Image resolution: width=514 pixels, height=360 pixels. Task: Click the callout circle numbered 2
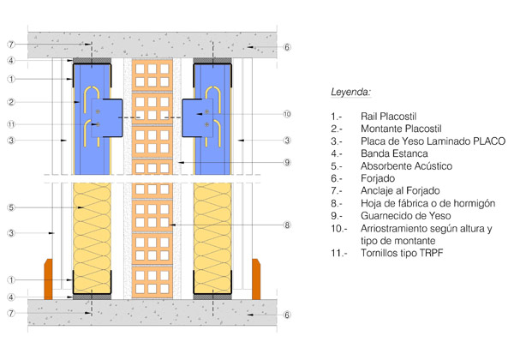(10, 102)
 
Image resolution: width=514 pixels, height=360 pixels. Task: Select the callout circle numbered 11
(10, 125)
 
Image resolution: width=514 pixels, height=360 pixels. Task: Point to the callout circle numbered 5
(10, 207)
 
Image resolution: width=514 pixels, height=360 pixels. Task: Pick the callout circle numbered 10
(286, 113)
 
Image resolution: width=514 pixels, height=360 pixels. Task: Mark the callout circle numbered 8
(286, 225)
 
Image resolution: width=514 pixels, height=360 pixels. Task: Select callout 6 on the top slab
(288, 47)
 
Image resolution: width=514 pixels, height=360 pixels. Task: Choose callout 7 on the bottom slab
(10, 315)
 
